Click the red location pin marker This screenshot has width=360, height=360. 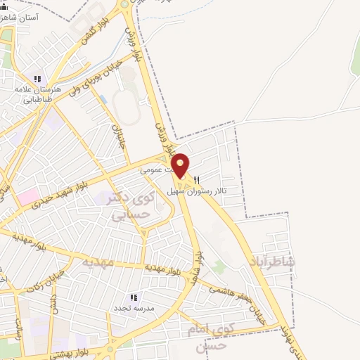tap(181, 166)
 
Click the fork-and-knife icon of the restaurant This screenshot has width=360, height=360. tap(198, 179)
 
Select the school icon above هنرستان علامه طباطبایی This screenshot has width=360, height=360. tap(37, 79)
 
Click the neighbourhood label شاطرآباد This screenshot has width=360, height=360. tap(272, 262)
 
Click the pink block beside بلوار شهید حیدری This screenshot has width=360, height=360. tap(29, 196)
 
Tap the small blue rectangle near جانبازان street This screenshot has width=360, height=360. tap(104, 99)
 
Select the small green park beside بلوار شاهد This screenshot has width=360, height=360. tap(221, 267)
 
